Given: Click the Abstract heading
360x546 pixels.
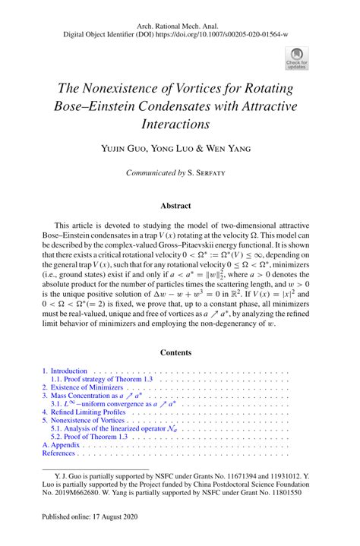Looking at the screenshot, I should pyautogui.click(x=179, y=205).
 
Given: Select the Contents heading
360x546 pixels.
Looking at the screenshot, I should pyautogui.click(x=179, y=352).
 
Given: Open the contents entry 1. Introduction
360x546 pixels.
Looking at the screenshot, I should pyautogui.click(x=65, y=371).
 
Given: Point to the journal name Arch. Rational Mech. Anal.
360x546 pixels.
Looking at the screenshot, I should pyautogui.click(x=179, y=24).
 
